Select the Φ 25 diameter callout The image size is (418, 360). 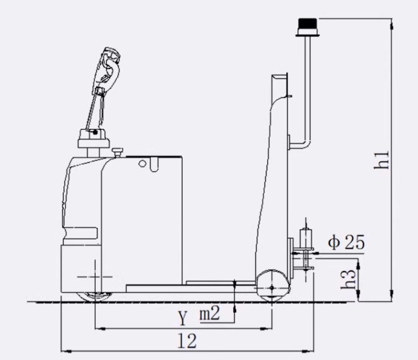(346, 243)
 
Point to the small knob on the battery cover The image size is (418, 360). (119, 152)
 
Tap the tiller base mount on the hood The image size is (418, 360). (92, 138)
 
